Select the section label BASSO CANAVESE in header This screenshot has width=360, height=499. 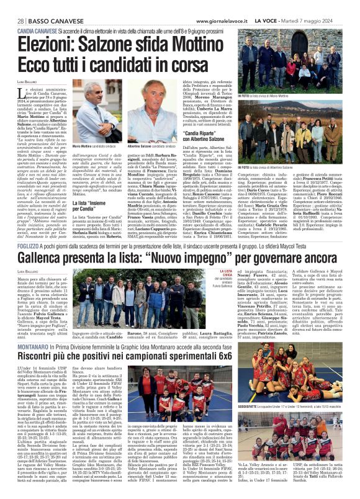pyautogui.click(x=48, y=6)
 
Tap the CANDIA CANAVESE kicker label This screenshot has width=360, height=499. pyautogui.click(x=37, y=29)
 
